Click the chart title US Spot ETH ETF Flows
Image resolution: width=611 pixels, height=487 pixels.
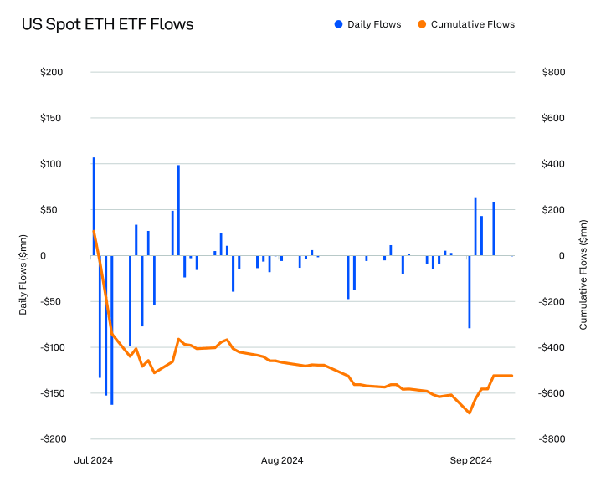(x=107, y=24)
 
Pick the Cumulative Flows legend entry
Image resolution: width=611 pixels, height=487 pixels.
(x=466, y=24)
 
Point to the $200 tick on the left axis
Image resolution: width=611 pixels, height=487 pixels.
(x=52, y=73)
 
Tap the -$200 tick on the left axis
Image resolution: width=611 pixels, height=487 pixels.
(x=51, y=439)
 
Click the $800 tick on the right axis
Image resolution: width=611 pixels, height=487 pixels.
(x=555, y=73)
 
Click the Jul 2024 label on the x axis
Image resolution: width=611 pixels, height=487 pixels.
(x=94, y=460)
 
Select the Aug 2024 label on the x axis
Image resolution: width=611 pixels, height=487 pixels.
(x=282, y=460)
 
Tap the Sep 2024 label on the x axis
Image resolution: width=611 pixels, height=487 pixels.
(x=470, y=460)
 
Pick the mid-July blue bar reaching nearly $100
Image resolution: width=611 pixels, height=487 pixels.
(x=178, y=209)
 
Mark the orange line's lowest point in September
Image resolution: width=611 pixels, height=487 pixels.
(x=470, y=413)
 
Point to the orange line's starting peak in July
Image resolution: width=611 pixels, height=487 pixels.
(x=94, y=230)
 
